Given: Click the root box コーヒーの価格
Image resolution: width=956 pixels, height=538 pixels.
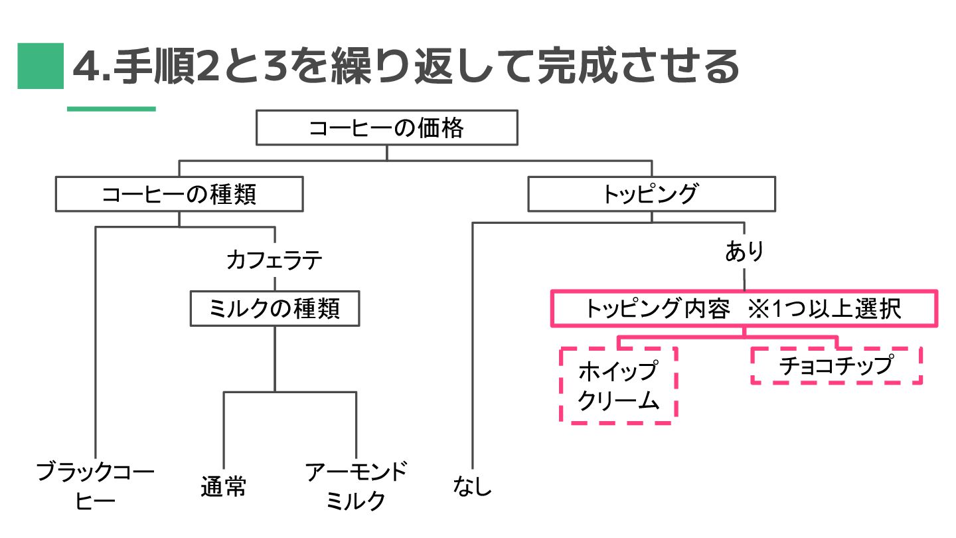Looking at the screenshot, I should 386,128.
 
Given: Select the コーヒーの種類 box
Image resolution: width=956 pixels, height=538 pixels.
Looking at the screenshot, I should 179,194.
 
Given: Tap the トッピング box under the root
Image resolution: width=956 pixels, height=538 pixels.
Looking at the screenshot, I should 651,194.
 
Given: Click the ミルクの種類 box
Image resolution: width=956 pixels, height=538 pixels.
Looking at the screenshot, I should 274,309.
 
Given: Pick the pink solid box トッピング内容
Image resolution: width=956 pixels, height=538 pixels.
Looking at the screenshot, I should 744,309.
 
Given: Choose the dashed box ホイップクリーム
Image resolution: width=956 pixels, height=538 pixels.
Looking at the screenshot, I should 618,385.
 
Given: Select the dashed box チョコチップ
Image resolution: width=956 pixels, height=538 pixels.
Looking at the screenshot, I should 836,365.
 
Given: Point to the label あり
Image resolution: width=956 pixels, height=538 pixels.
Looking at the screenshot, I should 744,252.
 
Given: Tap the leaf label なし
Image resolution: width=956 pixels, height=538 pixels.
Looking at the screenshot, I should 473,487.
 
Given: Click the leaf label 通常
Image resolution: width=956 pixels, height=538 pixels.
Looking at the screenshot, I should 223,487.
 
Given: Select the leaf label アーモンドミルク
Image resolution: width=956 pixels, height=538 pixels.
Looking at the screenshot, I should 356,486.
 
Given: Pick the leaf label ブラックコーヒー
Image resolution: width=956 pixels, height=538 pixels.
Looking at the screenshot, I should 95,486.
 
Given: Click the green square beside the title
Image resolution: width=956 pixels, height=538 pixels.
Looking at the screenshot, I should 40,66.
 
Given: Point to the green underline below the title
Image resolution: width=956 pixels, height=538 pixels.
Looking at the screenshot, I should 111,108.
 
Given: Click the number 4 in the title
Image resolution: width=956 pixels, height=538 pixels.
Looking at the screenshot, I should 85,66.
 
